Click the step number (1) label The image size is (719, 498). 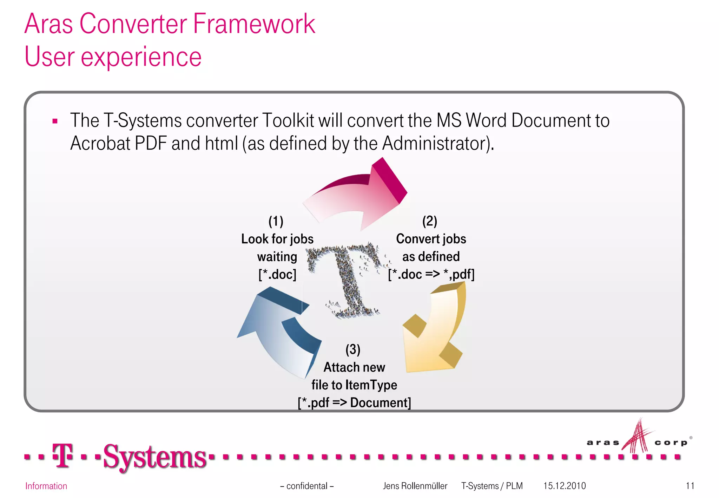point(276,221)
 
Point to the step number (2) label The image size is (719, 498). point(430,221)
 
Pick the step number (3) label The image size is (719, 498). point(353,349)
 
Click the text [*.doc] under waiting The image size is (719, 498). point(277,274)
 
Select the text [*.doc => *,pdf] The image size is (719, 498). point(431,274)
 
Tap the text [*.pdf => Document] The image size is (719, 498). point(354,402)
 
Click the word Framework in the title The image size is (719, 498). point(254,24)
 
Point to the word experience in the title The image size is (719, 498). point(141,57)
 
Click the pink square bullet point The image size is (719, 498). point(55,122)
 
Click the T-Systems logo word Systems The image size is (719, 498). point(154,457)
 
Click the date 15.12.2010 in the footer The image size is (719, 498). point(565,486)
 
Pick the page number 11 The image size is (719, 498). point(690,486)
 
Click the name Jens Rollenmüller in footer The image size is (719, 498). point(415,486)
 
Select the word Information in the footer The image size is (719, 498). point(46,486)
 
